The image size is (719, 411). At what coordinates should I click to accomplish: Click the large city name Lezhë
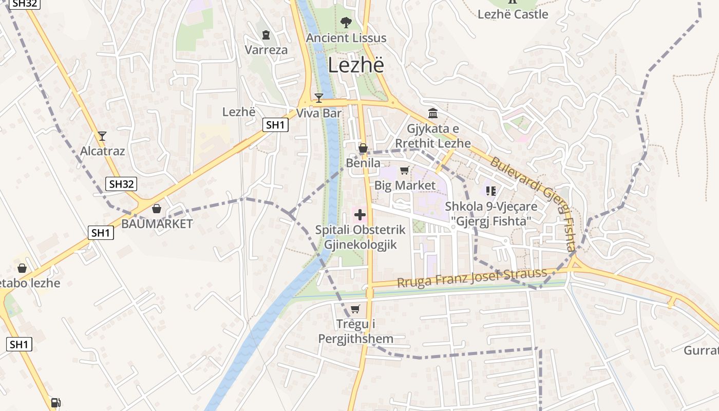(x=356, y=65)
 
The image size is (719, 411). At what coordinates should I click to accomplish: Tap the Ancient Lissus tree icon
(x=346, y=22)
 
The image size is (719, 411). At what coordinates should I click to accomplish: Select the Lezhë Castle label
(x=513, y=14)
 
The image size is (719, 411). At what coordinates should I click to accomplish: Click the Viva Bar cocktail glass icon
(x=319, y=98)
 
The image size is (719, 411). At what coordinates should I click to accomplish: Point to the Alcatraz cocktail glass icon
(x=102, y=136)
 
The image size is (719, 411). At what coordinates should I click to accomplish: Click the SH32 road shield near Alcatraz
(x=122, y=184)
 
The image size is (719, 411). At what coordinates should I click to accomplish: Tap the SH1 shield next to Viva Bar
(x=275, y=124)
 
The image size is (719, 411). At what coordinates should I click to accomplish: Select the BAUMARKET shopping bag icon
(x=157, y=209)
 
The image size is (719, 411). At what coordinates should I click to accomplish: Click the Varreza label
(x=266, y=50)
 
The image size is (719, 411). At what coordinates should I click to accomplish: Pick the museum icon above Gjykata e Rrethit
(x=432, y=113)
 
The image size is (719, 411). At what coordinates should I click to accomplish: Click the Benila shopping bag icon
(x=363, y=148)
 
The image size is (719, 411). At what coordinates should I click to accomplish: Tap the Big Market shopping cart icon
(x=404, y=170)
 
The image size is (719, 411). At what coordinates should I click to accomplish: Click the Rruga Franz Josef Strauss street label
(x=472, y=278)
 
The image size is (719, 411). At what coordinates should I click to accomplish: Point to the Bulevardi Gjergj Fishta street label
(x=537, y=203)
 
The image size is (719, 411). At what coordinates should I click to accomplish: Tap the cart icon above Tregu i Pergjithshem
(x=355, y=309)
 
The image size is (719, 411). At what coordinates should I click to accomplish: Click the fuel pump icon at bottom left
(x=55, y=403)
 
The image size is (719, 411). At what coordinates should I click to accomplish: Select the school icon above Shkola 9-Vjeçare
(x=490, y=191)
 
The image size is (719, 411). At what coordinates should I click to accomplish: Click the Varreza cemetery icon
(x=266, y=35)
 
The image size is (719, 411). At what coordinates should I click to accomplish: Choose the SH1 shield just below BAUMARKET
(x=101, y=233)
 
